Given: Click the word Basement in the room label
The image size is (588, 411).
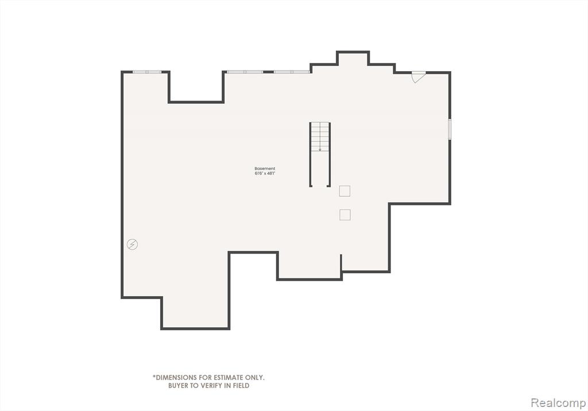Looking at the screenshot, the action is pyautogui.click(x=265, y=169).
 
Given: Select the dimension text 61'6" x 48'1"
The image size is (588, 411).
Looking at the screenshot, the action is pyautogui.click(x=265, y=173).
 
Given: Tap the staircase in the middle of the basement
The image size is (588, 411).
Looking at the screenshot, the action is pyautogui.click(x=320, y=154).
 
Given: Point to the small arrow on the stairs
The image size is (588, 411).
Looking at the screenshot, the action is pyautogui.click(x=320, y=149).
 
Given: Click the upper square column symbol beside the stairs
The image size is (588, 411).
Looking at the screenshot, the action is pyautogui.click(x=345, y=191).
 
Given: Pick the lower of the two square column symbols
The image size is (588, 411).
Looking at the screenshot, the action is pyautogui.click(x=345, y=215).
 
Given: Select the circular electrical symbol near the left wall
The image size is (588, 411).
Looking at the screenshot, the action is pyautogui.click(x=133, y=245).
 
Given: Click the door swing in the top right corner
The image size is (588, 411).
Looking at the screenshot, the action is pyautogui.click(x=418, y=77).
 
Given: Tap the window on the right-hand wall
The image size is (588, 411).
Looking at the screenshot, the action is pyautogui.click(x=450, y=129).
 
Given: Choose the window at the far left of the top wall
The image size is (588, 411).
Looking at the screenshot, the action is pyautogui.click(x=147, y=72).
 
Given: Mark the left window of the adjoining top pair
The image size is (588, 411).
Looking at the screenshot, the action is pyautogui.click(x=245, y=72).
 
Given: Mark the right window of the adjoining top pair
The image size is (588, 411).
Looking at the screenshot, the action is pyautogui.click(x=292, y=72).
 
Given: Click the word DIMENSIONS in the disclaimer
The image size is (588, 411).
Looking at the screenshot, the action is pyautogui.click(x=176, y=378).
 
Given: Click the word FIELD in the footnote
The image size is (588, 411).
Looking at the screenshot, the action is pyautogui.click(x=241, y=386).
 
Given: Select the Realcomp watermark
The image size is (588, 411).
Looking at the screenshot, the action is pyautogui.click(x=558, y=403).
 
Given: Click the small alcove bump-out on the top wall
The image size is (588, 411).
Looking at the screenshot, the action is pyautogui.click(x=353, y=58).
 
